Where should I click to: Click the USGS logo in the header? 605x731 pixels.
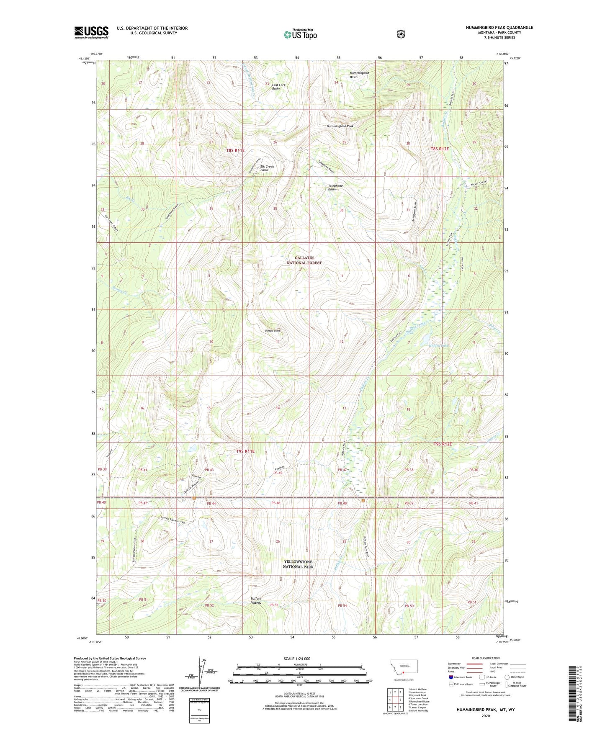(x=91, y=32)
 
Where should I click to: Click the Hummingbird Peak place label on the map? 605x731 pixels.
(x=340, y=126)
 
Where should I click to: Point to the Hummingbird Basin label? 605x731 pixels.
(x=359, y=75)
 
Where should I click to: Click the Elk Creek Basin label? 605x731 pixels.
(x=267, y=168)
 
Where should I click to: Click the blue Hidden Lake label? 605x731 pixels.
(x=438, y=345)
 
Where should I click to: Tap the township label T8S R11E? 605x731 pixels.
(x=235, y=150)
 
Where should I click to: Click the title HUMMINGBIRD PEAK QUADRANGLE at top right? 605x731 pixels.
(x=499, y=28)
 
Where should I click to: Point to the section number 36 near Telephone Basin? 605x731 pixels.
(x=342, y=210)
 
